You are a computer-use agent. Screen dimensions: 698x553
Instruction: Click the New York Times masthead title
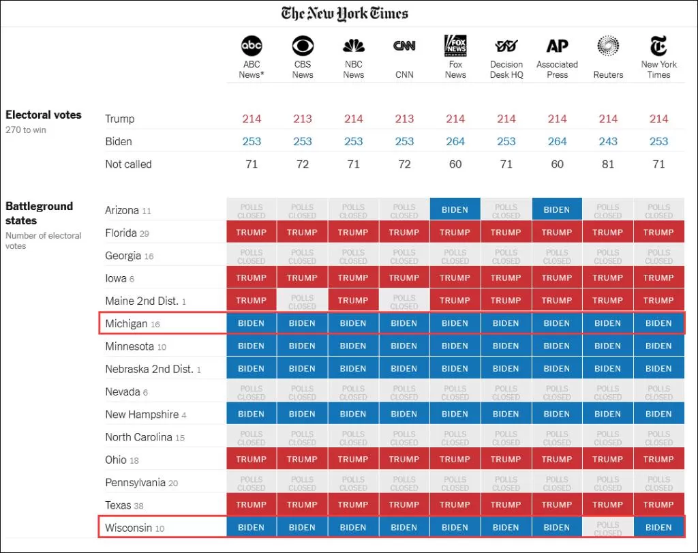[x=344, y=14]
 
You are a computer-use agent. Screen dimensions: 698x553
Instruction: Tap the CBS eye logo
[x=303, y=46]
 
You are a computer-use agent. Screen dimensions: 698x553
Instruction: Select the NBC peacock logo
[x=354, y=46]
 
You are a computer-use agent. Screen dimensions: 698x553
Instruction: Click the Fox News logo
[x=455, y=46]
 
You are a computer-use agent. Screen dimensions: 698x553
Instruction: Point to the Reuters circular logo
[x=608, y=46]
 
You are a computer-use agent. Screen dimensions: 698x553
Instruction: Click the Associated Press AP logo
[x=558, y=46]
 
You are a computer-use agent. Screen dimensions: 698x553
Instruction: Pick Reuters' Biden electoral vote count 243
[x=608, y=142]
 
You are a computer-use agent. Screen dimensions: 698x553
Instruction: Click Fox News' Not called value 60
[x=455, y=164]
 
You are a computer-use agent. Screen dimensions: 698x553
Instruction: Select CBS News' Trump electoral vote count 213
[x=303, y=119]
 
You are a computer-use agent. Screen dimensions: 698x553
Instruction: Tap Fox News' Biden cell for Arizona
[x=455, y=209]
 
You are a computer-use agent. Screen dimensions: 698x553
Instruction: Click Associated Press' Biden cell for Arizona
[x=557, y=209]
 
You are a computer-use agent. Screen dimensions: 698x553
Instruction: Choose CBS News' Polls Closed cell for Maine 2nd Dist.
[x=302, y=300]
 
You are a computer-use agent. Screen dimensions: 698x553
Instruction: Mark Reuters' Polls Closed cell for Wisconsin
[x=607, y=527]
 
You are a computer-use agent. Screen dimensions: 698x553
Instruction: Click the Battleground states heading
[x=39, y=213]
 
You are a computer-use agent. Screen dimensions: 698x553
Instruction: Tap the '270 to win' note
[x=26, y=130]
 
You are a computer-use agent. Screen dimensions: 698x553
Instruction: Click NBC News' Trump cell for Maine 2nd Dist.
[x=353, y=300]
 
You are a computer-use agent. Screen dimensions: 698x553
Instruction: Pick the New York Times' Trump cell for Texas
[x=658, y=505]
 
